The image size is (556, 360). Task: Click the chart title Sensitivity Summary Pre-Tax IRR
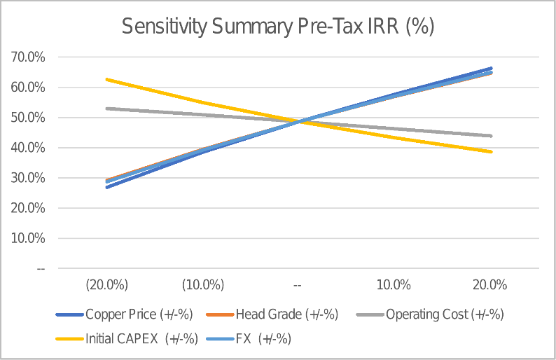[x=278, y=27]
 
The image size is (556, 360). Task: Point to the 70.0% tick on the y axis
[x=28, y=57]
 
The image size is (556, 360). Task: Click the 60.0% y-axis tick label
[x=28, y=88]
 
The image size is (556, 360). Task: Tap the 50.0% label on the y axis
[x=28, y=118]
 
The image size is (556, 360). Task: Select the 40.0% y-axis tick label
[x=28, y=148]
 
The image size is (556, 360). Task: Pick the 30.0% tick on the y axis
[x=28, y=178]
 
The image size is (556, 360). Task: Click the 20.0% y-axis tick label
[x=28, y=208]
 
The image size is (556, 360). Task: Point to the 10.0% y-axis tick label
[x=28, y=238]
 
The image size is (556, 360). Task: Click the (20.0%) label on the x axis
[x=106, y=285]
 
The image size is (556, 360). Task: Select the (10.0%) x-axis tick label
[x=202, y=285]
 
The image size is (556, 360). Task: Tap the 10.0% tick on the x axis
[x=394, y=285]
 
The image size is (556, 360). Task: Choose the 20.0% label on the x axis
[x=489, y=285]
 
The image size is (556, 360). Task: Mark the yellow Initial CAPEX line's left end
[x=106, y=79]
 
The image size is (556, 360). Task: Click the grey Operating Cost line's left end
[x=106, y=109]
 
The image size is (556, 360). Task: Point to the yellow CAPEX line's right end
[x=491, y=151]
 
